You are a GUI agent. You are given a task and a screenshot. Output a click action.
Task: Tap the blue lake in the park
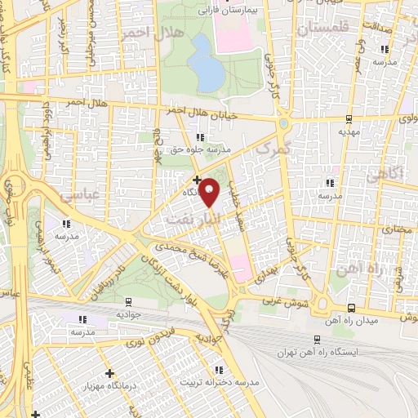(x=208, y=73)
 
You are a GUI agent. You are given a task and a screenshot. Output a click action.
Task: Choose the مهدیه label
(x=349, y=131)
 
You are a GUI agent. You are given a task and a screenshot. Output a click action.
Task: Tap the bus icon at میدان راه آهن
(x=351, y=307)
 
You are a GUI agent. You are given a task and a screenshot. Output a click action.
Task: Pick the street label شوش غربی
(x=281, y=303)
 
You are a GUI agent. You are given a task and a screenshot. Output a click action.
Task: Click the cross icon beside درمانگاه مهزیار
(x=109, y=373)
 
